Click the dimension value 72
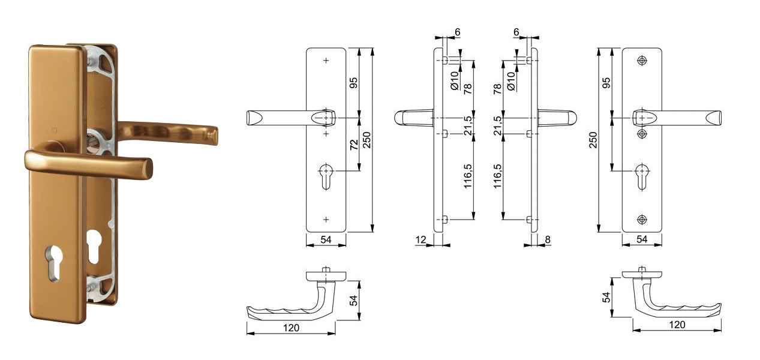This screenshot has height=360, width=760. pos(355,145)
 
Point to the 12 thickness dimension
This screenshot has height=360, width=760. pos(420,240)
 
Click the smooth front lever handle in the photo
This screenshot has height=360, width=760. pos(90,162)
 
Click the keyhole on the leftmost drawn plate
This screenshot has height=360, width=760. pos(326,175)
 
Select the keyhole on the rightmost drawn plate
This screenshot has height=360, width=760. pos(642,175)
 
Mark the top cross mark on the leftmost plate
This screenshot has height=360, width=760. pos(326,61)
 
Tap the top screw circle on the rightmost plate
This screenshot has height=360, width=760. pos(642,61)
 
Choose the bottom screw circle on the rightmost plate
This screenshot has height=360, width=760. pos(642,219)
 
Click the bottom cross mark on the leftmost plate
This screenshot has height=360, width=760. pos(326,219)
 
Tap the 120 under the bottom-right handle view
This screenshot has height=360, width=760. pos(677,325)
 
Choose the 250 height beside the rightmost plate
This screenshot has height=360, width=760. pos(593,140)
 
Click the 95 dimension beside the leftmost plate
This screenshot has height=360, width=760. pos(354,82)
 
